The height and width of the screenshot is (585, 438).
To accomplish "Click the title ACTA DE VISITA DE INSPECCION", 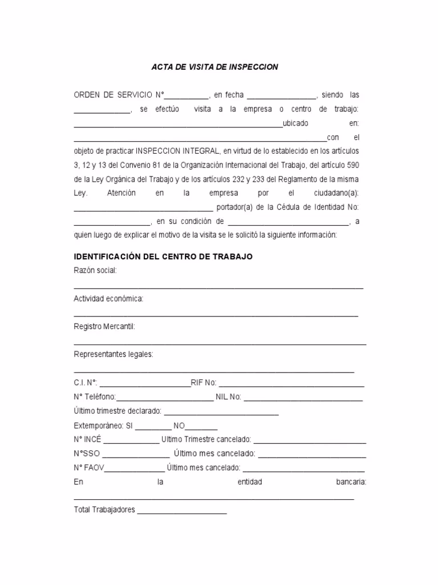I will pyautogui.click(x=214, y=67).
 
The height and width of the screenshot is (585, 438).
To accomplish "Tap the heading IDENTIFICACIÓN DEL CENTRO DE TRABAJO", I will pyautogui.click(x=163, y=257).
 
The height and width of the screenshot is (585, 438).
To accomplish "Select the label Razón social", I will pyautogui.click(x=95, y=270).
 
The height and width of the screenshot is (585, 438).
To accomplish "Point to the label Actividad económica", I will pyautogui.click(x=108, y=298).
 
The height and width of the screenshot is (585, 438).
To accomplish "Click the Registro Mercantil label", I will pyautogui.click(x=104, y=326).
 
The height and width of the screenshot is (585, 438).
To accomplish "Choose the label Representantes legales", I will pyautogui.click(x=113, y=354).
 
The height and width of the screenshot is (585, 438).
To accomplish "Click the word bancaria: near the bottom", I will pyautogui.click(x=351, y=482).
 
